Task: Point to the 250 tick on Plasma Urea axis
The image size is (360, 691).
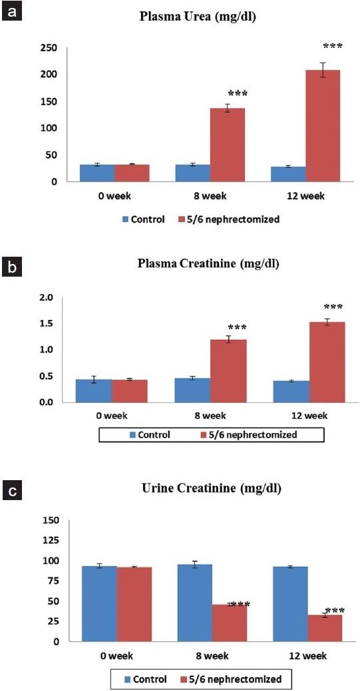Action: [x=49, y=48]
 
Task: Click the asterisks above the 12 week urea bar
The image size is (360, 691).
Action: [x=333, y=47]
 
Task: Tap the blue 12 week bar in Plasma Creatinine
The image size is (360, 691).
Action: [x=291, y=391]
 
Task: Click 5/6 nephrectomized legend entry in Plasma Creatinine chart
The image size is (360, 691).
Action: [x=250, y=435]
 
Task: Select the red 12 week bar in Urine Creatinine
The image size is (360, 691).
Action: [x=324, y=628]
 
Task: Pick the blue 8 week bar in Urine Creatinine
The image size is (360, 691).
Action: [x=194, y=603]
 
